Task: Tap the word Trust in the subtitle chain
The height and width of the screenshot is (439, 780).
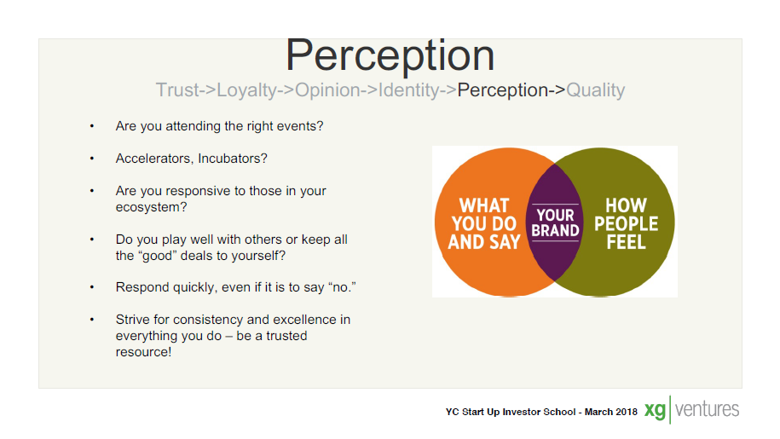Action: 177,90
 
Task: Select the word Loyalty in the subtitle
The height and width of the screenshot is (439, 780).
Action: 246,91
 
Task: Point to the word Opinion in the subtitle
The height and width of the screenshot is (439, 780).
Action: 327,91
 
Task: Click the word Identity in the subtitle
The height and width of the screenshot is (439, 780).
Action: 408,91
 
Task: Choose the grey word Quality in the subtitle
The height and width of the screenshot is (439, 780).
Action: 596,91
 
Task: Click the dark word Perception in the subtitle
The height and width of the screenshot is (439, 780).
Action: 502,91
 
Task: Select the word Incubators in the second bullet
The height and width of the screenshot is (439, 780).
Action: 233,159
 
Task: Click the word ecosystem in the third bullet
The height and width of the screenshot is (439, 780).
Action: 151,207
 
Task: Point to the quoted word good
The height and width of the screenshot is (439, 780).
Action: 158,256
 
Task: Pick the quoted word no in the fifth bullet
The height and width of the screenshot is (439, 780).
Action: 342,287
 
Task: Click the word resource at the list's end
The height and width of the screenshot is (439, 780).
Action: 143,352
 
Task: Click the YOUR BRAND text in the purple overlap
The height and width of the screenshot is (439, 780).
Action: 555,222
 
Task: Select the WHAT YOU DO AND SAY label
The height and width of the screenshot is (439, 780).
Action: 484,223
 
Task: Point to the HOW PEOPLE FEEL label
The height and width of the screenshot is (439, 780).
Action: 626,223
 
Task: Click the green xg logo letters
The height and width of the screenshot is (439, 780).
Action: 656,411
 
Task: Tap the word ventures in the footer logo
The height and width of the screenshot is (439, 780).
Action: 707,409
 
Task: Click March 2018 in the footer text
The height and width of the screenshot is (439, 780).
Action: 611,412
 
